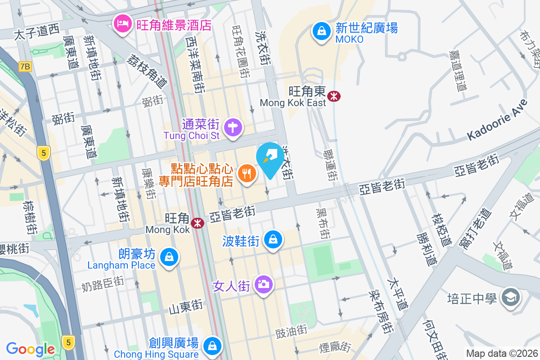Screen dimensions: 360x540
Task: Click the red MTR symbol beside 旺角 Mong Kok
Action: (197, 223)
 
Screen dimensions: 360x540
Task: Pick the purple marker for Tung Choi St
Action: (234, 127)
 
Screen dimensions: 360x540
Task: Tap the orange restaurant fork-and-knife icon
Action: (246, 173)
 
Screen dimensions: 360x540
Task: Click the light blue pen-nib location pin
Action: (270, 157)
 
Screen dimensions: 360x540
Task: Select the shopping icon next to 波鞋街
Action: (273, 239)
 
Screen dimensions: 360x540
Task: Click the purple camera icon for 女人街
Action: (263, 284)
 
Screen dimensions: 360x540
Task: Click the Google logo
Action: (30, 349)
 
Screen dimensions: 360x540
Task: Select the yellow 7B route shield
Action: (25, 67)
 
